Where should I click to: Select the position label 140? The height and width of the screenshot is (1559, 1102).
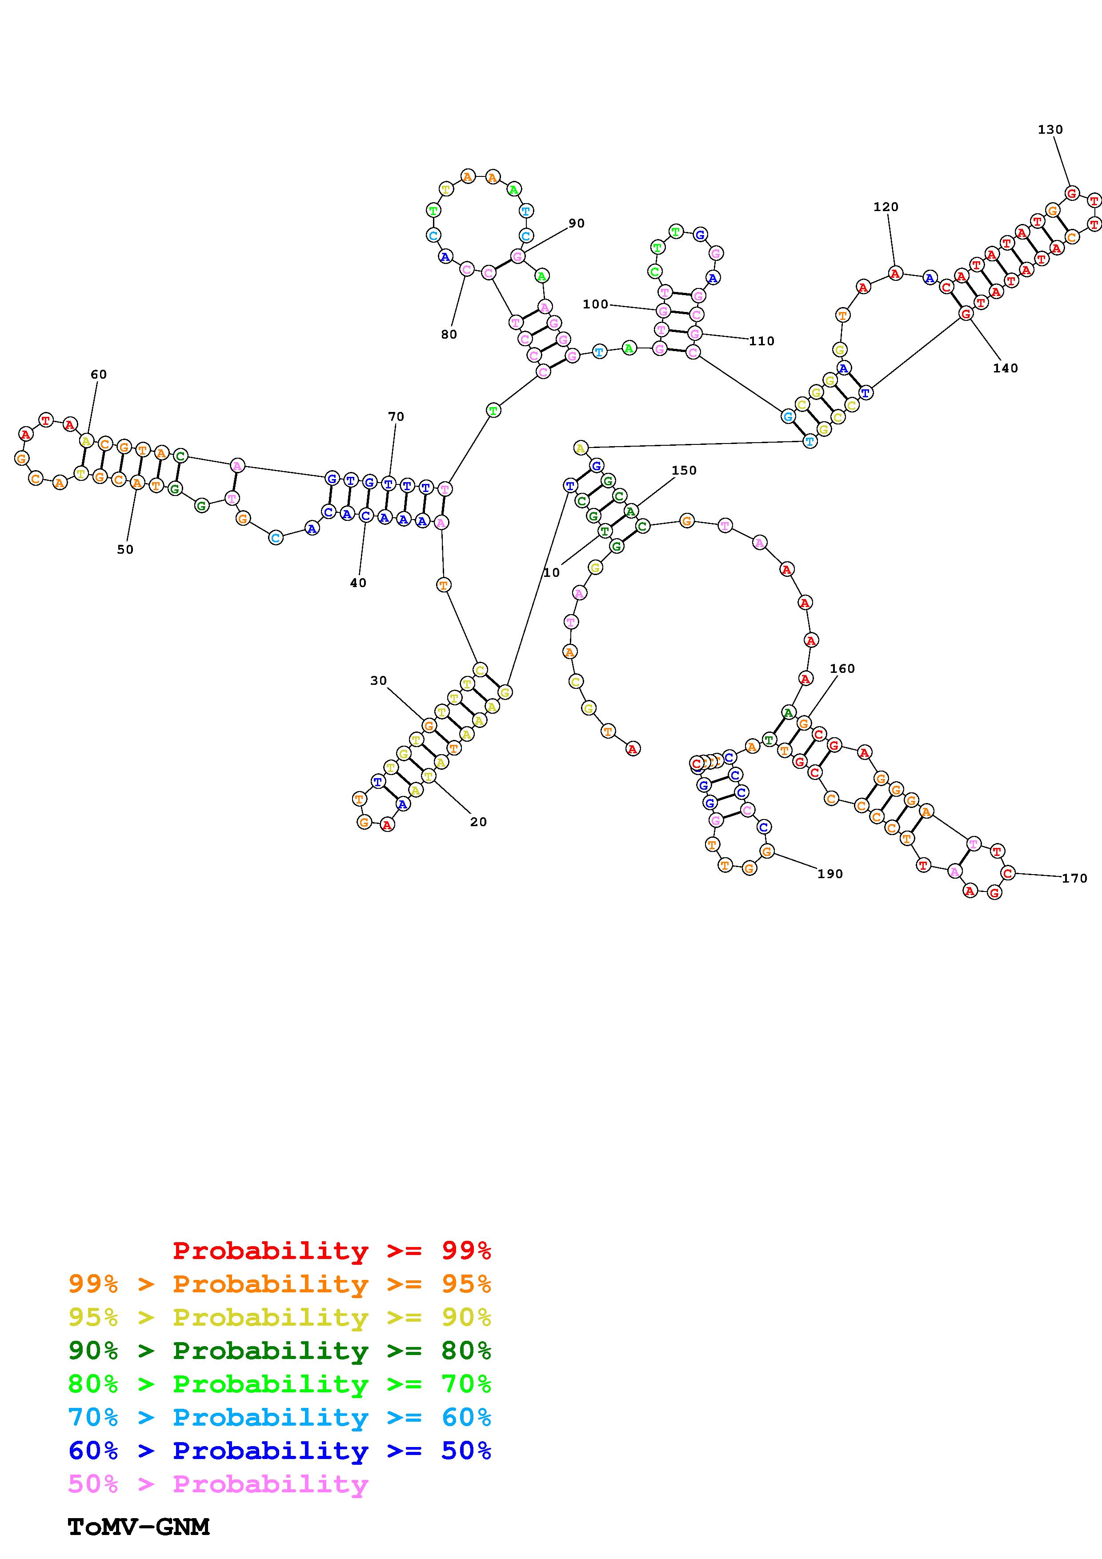pyautogui.click(x=1005, y=368)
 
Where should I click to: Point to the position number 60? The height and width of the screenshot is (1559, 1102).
pyautogui.click(x=98, y=374)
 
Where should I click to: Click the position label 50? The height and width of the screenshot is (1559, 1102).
pyautogui.click(x=125, y=549)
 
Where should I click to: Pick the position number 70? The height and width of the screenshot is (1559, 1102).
pyautogui.click(x=396, y=416)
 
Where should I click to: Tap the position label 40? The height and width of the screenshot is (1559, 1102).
pyautogui.click(x=358, y=583)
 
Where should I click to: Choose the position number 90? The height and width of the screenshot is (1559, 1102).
pyautogui.click(x=577, y=224)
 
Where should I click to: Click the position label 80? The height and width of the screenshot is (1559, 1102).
pyautogui.click(x=449, y=334)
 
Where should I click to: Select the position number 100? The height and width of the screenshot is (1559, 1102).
pyautogui.click(x=596, y=304)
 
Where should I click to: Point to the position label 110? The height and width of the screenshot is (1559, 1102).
pyautogui.click(x=761, y=341)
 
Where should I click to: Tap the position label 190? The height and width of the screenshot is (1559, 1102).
pyautogui.click(x=830, y=874)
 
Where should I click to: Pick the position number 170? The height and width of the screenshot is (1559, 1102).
pyautogui.click(x=1074, y=878)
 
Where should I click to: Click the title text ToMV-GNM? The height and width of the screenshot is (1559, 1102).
pyautogui.click(x=139, y=1527)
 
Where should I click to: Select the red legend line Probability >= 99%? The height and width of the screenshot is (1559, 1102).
pyautogui.click(x=332, y=1250)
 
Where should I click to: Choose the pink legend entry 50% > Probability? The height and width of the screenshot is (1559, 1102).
pyautogui.click(x=218, y=1483)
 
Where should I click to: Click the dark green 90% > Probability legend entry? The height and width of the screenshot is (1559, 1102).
pyautogui.click(x=279, y=1351)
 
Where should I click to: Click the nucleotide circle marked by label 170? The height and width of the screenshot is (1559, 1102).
pyautogui.click(x=1008, y=873)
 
